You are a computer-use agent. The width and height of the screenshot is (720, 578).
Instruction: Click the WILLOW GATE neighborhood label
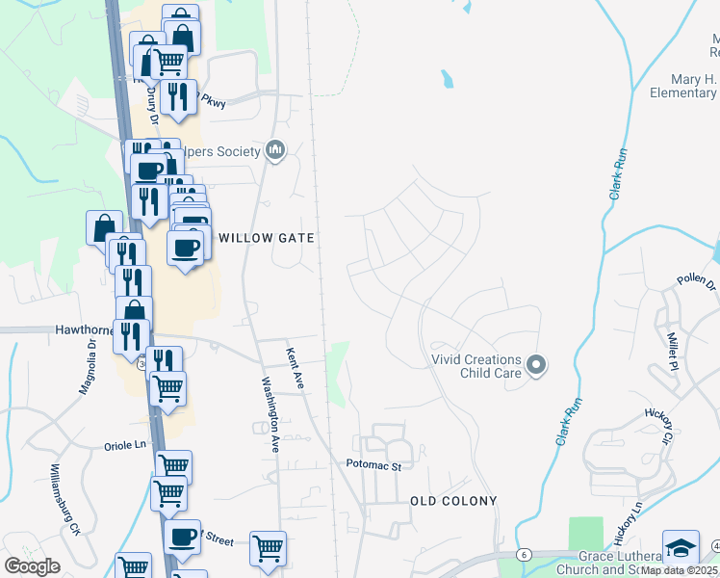[267, 237]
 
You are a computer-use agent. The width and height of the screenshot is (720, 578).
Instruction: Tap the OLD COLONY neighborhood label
[453, 501]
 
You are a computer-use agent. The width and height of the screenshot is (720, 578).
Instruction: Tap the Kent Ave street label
[295, 369]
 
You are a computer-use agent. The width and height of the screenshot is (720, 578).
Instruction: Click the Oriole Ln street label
[125, 446]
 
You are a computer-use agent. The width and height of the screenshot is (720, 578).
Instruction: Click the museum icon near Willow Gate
[276, 150]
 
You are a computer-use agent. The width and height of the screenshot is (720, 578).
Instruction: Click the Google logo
[32, 566]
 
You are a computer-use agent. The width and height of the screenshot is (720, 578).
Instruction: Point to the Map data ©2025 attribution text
[681, 570]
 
